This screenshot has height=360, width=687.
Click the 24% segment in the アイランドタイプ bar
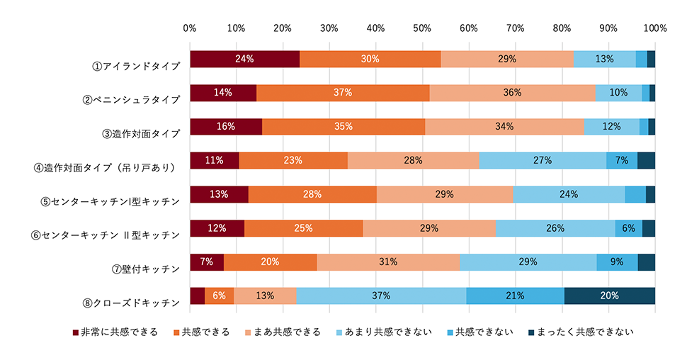pos(244,60)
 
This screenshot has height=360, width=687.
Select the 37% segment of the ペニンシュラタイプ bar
pos(343,93)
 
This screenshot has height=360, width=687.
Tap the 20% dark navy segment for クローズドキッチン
pos(609,296)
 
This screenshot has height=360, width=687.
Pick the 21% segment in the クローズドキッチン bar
pos(515,296)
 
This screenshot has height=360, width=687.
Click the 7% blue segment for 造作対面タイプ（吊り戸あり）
pos(621,161)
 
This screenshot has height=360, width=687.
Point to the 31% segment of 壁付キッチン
pos(388,262)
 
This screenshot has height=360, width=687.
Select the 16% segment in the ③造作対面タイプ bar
pos(226,127)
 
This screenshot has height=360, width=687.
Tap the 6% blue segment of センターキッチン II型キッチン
pos(628,228)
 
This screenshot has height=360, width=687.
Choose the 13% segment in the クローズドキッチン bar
pos(265,296)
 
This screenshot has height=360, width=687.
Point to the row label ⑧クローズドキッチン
pos(132,302)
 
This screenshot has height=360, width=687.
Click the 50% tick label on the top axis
pos(422,28)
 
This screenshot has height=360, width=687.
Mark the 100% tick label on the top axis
pos(655,28)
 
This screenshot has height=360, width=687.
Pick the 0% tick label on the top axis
pos(190,28)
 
